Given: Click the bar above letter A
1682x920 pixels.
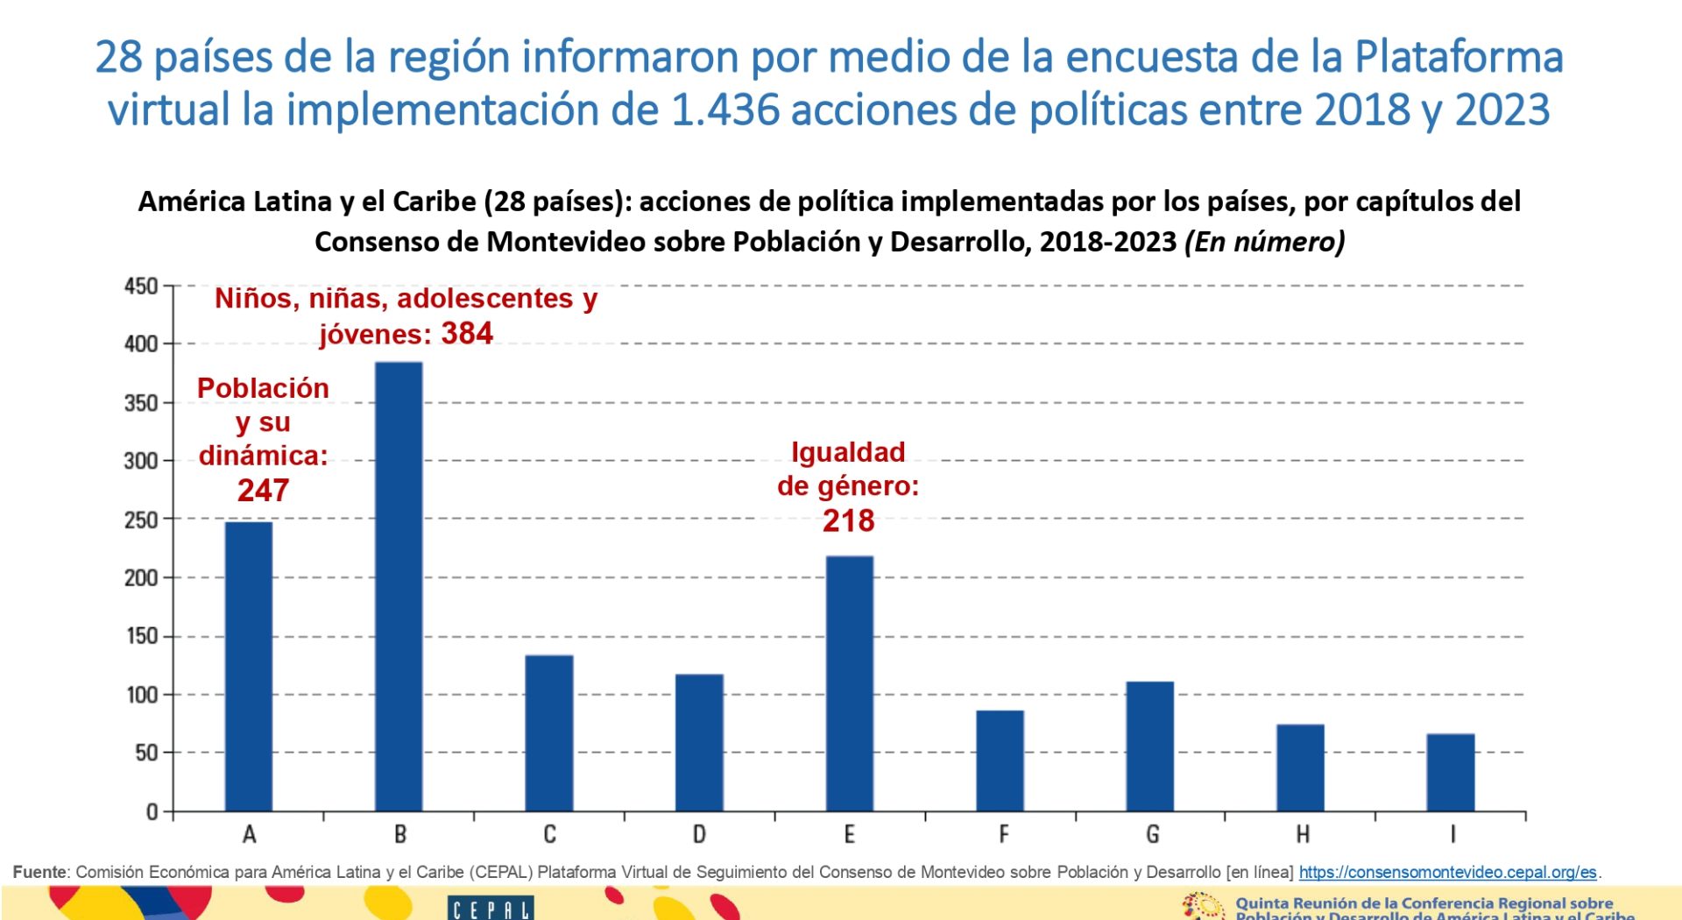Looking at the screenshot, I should (x=249, y=666).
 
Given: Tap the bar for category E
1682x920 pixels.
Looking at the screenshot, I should (x=849, y=683).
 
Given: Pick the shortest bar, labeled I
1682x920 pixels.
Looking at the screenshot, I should (x=1451, y=772).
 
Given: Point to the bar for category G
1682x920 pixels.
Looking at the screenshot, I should (x=1149, y=746).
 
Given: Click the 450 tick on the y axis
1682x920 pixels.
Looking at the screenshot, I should (x=141, y=287).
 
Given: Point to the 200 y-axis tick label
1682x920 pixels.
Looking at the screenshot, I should (x=141, y=578).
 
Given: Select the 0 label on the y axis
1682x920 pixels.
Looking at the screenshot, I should (x=152, y=812).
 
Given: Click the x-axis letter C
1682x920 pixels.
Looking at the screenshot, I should (x=549, y=834).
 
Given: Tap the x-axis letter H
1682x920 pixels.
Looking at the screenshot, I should (x=1303, y=834).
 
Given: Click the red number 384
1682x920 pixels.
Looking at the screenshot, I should (x=467, y=334).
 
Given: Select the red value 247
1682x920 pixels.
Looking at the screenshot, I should (x=263, y=491).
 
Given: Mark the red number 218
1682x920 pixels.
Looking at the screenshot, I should (x=848, y=521).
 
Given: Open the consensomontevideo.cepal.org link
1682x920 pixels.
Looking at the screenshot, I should (x=1447, y=873).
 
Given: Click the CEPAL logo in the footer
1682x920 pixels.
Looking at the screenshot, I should (x=490, y=908).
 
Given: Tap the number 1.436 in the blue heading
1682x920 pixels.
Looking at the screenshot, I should (x=725, y=110).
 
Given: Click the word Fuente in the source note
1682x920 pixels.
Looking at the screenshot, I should (x=39, y=873).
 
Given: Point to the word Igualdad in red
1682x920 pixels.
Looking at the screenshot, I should (x=848, y=452).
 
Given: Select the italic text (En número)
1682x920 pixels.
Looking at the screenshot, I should (x=1264, y=242).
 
